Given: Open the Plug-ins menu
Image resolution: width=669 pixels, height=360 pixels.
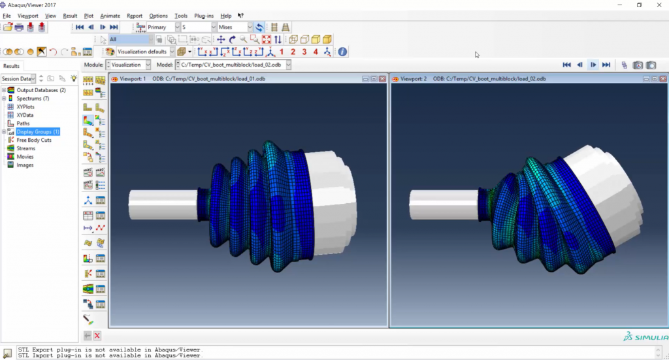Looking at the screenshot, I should click(203, 16).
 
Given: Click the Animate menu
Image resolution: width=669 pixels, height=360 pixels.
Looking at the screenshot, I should click(110, 16).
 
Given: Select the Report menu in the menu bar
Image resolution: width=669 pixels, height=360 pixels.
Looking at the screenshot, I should click(135, 16).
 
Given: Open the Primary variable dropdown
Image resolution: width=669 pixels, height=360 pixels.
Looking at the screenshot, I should click(164, 27).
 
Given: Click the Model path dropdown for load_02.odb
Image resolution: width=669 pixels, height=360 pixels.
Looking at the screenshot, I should click(233, 65).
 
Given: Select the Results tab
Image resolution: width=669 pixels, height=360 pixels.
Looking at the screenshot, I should click(12, 66).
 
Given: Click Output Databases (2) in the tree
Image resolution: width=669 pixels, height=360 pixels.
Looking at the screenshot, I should click(41, 90).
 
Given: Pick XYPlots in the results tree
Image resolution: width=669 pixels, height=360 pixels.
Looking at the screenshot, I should click(25, 106).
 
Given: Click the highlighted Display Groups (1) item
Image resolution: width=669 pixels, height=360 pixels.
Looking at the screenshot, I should click(38, 132).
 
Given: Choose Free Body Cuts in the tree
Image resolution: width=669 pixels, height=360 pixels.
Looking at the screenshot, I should click(34, 140).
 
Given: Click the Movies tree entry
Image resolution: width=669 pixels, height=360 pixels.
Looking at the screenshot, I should click(25, 157).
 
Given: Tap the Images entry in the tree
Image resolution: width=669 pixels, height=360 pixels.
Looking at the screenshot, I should click(25, 165).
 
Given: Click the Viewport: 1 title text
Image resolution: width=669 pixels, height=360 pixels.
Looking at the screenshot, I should click(133, 79).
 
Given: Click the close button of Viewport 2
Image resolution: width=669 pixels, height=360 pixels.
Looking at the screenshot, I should click(662, 79).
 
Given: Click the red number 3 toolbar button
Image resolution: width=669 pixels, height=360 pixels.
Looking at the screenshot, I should click(304, 52).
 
